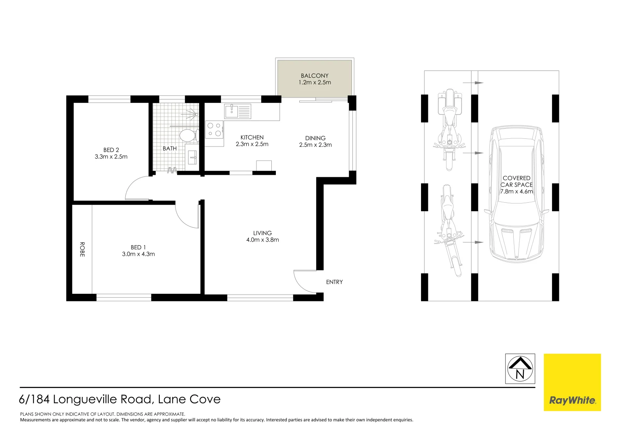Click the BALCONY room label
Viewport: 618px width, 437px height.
pyautogui.click(x=315, y=76)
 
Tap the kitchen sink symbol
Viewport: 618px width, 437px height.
pyautogui.click(x=238, y=111)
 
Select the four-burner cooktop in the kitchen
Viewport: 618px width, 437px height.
pyautogui.click(x=214, y=129)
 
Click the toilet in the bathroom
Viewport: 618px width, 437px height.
pyautogui.click(x=188, y=135)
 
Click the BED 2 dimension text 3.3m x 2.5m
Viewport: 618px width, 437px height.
pyautogui.click(x=111, y=157)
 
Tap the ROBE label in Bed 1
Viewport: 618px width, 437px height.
pyautogui.click(x=82, y=249)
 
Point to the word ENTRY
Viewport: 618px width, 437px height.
pyautogui.click(x=334, y=282)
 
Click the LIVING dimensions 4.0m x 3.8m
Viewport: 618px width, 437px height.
pyautogui.click(x=262, y=240)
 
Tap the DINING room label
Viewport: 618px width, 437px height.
pyautogui.click(x=315, y=138)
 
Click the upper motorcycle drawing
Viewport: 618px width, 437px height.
pyautogui.click(x=449, y=129)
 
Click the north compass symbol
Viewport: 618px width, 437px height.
pyautogui.click(x=520, y=369)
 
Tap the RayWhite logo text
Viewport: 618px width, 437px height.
pyautogui.click(x=572, y=400)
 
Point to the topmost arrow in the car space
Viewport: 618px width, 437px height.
pyautogui.click(x=478, y=83)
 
